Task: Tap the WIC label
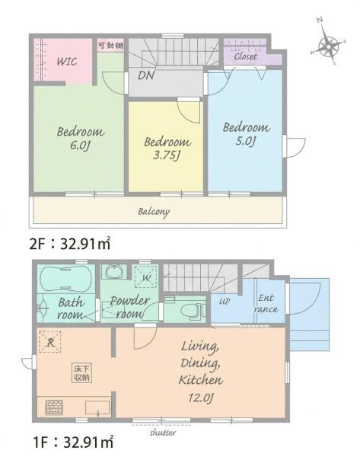tap(67, 62)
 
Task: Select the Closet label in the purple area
tap(246, 56)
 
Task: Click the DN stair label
tap(146, 75)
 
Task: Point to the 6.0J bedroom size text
tap(79, 145)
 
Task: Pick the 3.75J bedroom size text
tap(167, 155)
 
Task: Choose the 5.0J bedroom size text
tap(245, 141)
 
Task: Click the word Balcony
tap(154, 212)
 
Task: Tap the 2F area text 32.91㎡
tap(85, 244)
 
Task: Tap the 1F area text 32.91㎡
tap(88, 443)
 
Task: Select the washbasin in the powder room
tap(114, 272)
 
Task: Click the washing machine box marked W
tap(145, 276)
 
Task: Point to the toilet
tap(191, 311)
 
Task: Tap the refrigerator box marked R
tap(49, 342)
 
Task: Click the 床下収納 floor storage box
tap(82, 373)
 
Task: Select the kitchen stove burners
tap(54, 407)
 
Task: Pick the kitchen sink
tap(97, 407)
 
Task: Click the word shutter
tap(163, 433)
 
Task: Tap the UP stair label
tap(224, 302)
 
